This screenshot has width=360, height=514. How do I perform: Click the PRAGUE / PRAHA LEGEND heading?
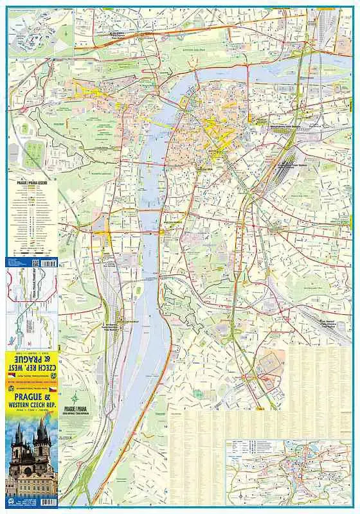pyautogui.click(x=33, y=182)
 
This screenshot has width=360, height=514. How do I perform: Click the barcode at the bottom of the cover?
pyautogui.click(x=46, y=502)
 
